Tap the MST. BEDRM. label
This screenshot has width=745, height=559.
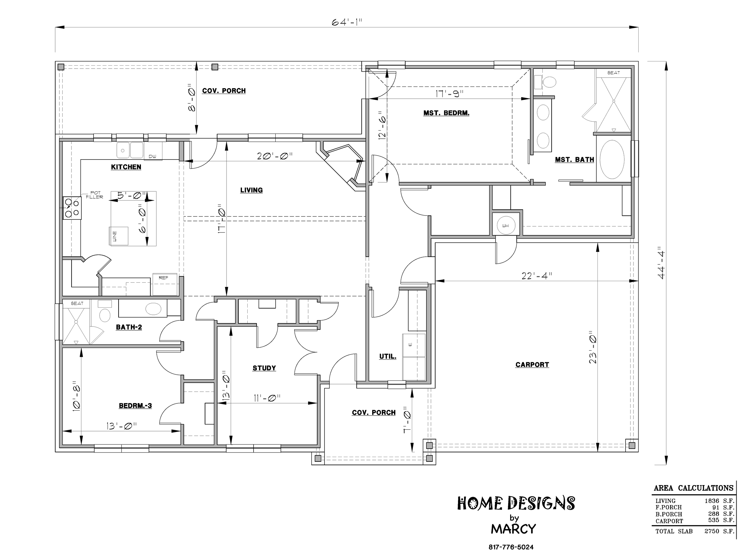pyautogui.click(x=446, y=113)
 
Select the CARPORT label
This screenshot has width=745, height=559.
pyautogui.click(x=532, y=365)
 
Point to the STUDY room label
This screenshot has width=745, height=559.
pyautogui.click(x=264, y=368)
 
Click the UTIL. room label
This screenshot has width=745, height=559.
pyautogui.click(x=388, y=357)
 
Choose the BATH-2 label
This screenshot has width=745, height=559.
pyautogui.click(x=129, y=327)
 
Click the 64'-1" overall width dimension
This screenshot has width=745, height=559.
pyautogui.click(x=347, y=22)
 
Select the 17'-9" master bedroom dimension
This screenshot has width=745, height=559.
pyautogui.click(x=449, y=94)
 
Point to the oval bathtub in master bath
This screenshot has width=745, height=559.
pyautogui.click(x=612, y=160)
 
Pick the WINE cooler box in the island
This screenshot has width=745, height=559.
pyautogui.click(x=118, y=236)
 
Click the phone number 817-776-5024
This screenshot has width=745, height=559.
pyautogui.click(x=511, y=547)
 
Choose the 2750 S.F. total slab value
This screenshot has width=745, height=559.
pyautogui.click(x=719, y=531)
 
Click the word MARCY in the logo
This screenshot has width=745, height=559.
pyautogui.click(x=513, y=529)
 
